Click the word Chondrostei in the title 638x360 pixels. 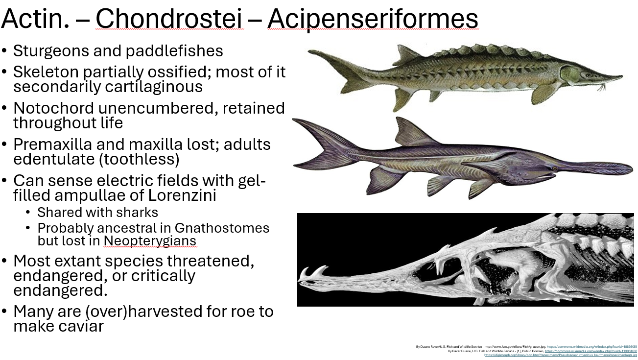pyautogui.click(x=169, y=19)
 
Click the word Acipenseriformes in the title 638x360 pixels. pyautogui.click(x=373, y=19)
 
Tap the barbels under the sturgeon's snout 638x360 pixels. pyautogui.click(x=601, y=87)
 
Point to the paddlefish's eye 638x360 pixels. pyautogui.click(x=554, y=168)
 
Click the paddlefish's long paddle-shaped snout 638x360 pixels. pyautogui.click(x=597, y=168)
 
